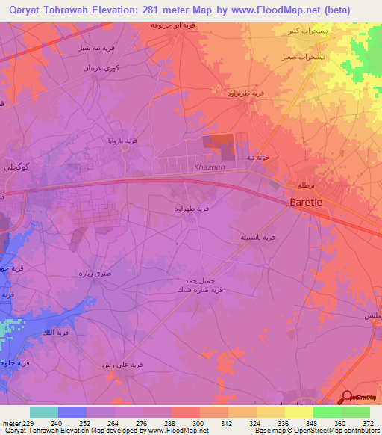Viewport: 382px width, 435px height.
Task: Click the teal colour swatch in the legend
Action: (x=44, y=412)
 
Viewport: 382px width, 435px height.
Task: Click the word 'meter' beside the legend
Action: (x=10, y=422)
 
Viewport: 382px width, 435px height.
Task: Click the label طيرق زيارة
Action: (x=95, y=273)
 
